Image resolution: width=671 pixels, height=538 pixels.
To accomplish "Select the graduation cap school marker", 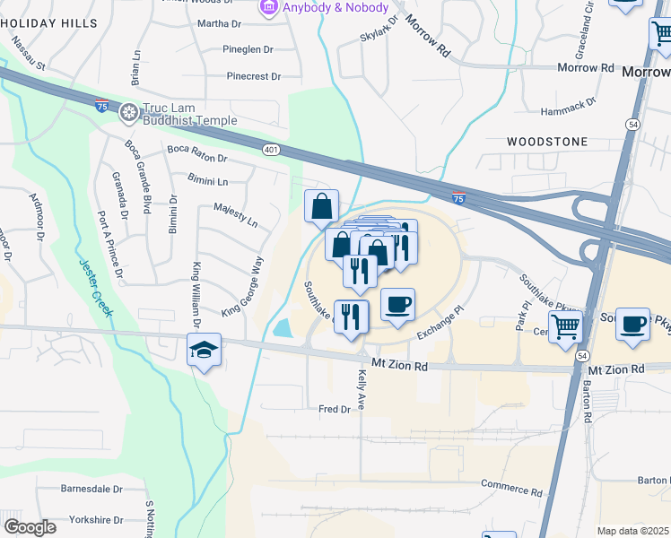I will click(204, 351).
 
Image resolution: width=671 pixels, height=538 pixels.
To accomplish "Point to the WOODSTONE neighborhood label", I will click(546, 142).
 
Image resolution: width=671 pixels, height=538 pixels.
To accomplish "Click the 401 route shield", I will click(271, 150).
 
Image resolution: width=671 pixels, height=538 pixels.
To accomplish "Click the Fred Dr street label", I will click(334, 409).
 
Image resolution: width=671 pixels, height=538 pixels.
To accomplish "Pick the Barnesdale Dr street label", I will click(91, 489).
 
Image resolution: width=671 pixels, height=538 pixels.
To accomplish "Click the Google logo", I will click(30, 527).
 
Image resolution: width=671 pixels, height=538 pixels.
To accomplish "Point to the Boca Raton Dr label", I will click(197, 154).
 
